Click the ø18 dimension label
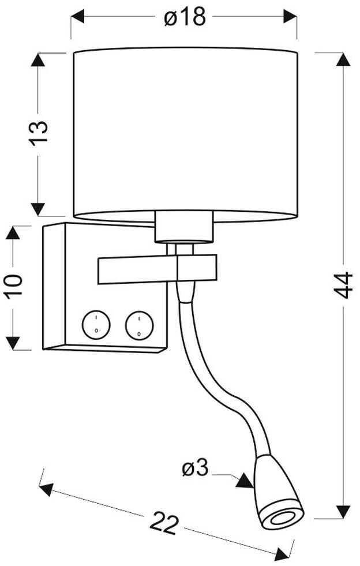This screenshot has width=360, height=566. coord(185,17)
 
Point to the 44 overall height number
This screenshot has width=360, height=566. coord(343,285)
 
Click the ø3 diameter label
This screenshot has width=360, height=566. coord(196,468)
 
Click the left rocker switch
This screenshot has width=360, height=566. coord(96,325)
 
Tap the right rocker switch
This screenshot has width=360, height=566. coord(140,325)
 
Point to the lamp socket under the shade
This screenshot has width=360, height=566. coord(184,227)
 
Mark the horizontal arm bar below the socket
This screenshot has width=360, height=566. coord(157,269)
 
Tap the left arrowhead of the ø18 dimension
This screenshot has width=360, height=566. coord(78,17)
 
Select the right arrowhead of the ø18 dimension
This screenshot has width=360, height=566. coord(290,17)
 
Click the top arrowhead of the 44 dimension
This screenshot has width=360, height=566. coord(343,59)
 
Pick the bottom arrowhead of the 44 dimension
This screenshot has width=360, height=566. coord(343,512)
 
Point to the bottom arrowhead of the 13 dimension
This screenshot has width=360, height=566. coord(37,209)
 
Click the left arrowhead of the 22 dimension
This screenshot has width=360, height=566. coord(46,489)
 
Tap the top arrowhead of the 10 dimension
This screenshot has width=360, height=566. coord(13,233)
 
